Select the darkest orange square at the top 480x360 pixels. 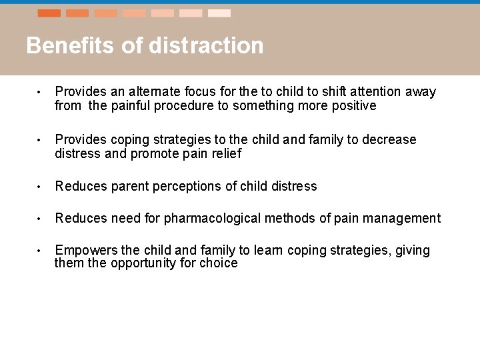[x=49, y=13]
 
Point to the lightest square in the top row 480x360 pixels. [x=219, y=13]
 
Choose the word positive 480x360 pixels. [x=351, y=105]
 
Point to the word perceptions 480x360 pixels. [x=187, y=186]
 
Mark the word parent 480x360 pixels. [x=132, y=186]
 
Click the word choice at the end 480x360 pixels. [x=221, y=263]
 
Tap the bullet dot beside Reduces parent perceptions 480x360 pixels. [x=40, y=187]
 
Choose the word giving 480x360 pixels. [x=413, y=251]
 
